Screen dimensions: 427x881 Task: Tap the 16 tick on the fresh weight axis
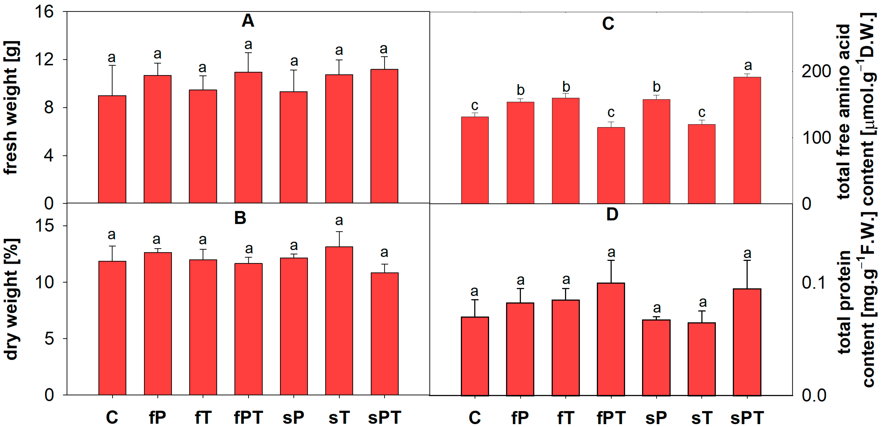point(44,12)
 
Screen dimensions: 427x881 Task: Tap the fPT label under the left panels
point(248,417)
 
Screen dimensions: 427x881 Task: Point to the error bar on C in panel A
point(112,80)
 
